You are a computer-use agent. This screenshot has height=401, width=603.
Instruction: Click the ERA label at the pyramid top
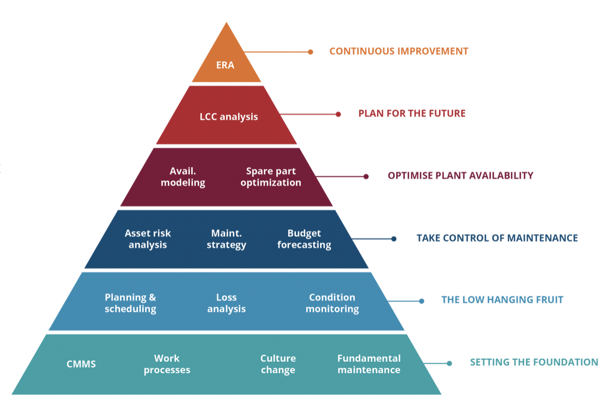[225, 65]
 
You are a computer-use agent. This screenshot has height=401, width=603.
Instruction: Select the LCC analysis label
[228, 116]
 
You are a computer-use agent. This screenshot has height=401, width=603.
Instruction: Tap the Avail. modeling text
[182, 177]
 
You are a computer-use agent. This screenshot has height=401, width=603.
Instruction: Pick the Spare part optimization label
[271, 177]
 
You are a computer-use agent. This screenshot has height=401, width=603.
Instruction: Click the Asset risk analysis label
[147, 239]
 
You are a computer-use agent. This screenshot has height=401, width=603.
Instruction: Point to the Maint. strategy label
[226, 239]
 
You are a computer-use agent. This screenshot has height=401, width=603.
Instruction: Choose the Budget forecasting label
[304, 239]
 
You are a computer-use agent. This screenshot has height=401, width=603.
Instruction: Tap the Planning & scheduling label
[130, 303]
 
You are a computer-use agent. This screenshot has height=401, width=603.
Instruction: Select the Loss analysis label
[226, 303]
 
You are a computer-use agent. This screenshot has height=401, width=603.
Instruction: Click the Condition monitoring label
[332, 303]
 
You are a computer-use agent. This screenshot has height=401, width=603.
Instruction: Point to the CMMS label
[81, 364]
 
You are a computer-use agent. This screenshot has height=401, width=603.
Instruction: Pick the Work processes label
[167, 364]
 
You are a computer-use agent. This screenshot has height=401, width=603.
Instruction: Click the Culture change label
[278, 364]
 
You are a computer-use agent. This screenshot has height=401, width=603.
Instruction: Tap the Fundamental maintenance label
[368, 364]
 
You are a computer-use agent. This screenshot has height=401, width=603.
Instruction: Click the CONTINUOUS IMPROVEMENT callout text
[399, 51]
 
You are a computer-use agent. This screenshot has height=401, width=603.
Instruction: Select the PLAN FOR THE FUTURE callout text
[412, 113]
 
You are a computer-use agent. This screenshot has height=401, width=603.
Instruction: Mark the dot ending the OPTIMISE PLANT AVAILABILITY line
[366, 176]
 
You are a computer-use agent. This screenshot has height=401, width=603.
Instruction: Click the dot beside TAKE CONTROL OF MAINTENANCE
[394, 239]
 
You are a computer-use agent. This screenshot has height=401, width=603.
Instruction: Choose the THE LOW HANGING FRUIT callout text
[502, 300]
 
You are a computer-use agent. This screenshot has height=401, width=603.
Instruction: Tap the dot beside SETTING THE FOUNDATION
[449, 363]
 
